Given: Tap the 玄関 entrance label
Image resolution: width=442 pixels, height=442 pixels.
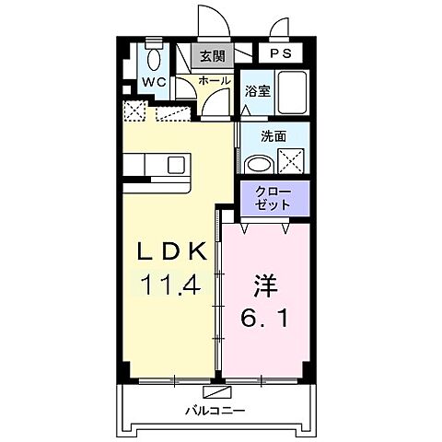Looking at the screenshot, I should (x=212, y=56).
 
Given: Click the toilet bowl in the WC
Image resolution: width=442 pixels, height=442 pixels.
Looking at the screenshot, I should (x=153, y=58).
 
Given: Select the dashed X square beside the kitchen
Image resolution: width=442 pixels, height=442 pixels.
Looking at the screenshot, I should (x=134, y=112).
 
